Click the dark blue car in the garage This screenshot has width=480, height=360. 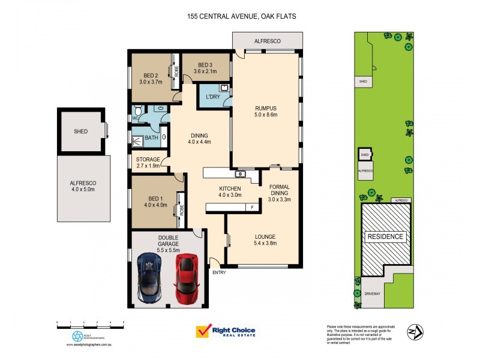pos(149,277)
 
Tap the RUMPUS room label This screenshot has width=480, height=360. pos(265,110)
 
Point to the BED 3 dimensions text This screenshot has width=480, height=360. pos(205,71)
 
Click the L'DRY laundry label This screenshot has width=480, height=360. pos(211,97)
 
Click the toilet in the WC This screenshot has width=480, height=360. pos(138,111)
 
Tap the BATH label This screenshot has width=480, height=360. pos(151,138)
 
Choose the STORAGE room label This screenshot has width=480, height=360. pos(148,159)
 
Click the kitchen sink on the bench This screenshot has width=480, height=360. pos(241,174)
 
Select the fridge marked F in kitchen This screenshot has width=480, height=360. pos(252,207)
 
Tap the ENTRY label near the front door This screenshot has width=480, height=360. pos(219,272)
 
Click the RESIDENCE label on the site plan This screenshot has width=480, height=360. pos(385,236)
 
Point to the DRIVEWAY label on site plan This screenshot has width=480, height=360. pos(372,293)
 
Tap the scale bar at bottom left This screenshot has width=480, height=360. pos(90,323)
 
